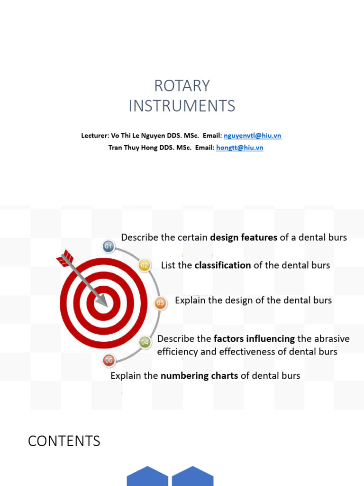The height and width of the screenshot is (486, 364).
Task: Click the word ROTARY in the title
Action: [182, 86]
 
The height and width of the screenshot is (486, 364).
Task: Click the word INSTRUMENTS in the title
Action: [182, 106]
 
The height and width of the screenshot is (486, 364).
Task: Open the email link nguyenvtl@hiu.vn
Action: [252, 136]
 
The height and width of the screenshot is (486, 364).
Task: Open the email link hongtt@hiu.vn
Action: [239, 148]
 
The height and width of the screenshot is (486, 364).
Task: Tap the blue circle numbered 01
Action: [109, 246]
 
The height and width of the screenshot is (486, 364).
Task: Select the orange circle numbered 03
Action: [160, 303]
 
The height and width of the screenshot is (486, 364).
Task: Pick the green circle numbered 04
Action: [145, 342]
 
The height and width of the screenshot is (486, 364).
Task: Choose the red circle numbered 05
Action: [109, 361]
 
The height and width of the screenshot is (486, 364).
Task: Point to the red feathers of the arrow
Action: [64, 259]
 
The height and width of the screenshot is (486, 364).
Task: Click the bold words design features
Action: [244, 237]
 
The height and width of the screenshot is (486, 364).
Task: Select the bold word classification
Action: [223, 265]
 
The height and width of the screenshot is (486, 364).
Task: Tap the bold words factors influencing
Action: [254, 339]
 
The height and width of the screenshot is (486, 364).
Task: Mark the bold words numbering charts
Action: [200, 376]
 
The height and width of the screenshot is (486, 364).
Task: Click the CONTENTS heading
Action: [64, 441]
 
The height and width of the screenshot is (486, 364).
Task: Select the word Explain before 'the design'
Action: [190, 300]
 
